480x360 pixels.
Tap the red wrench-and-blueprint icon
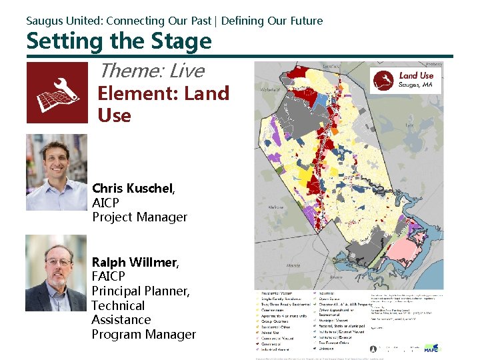(57, 93)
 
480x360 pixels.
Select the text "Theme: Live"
(151, 71)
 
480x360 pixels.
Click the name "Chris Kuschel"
(133, 189)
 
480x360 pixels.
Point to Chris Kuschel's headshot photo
(56, 172)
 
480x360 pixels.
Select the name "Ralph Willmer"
(133, 262)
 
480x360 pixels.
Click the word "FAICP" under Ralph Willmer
(109, 277)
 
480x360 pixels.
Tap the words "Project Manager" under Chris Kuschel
(139, 217)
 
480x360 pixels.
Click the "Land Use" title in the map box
(416, 76)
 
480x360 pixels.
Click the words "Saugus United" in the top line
(63, 21)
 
